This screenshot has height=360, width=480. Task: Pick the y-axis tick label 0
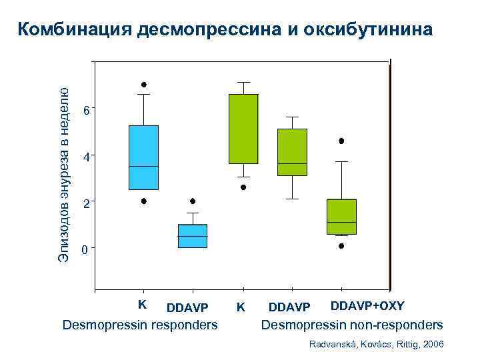(85, 251)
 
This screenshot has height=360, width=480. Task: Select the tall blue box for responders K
(143, 157)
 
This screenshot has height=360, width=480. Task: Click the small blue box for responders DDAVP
(193, 236)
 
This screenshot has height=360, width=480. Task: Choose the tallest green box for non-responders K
(243, 129)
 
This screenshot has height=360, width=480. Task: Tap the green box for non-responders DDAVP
(292, 152)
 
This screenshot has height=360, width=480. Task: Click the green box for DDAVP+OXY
(341, 217)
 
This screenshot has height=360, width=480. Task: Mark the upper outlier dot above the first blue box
(144, 85)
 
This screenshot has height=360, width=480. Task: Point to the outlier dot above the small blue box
(193, 201)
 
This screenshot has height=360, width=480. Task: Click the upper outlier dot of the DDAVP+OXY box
(341, 141)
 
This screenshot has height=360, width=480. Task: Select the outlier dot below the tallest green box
(243, 187)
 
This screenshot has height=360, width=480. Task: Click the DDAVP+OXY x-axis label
(367, 306)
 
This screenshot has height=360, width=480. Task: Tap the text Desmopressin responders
(139, 325)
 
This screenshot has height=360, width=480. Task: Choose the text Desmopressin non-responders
(351, 325)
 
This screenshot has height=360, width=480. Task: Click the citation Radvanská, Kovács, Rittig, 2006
(377, 343)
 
